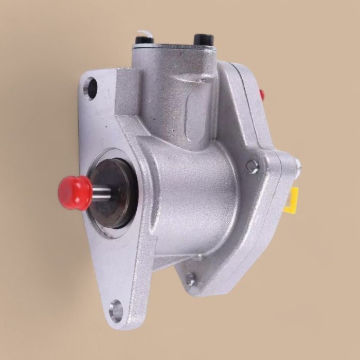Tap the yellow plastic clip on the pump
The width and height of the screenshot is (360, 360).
pyautogui.click(x=293, y=200)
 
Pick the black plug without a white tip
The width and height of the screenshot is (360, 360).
pyautogui.click(x=203, y=39)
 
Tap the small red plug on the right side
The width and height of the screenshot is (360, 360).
pyautogui.click(x=262, y=94)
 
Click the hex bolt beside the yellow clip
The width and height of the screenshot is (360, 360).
pyautogui.click(x=252, y=166)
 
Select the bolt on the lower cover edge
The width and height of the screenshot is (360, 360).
pyautogui.click(x=190, y=279)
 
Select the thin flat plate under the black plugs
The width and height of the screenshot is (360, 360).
pyautogui.click(x=175, y=48)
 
